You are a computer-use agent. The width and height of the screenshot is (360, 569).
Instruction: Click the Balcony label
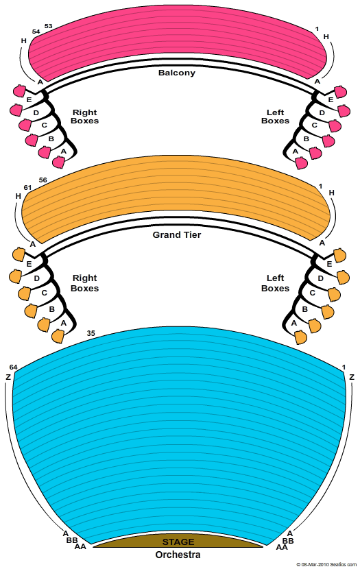[177, 73]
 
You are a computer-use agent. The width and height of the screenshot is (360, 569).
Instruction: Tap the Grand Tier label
[177, 234]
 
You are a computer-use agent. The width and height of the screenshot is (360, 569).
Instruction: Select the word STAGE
[178, 542]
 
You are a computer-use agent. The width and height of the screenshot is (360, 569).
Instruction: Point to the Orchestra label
[178, 555]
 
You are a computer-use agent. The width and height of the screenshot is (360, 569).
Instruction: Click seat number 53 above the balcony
[48, 26]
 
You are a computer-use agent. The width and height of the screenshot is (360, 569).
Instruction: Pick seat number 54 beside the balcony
[36, 32]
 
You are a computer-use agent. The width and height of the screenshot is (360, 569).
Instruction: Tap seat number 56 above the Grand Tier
[43, 180]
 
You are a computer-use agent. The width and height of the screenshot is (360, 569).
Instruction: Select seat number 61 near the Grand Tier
[27, 188]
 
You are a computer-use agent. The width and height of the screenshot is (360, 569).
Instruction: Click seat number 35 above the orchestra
[91, 333]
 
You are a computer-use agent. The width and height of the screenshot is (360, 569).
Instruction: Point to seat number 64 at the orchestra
[14, 367]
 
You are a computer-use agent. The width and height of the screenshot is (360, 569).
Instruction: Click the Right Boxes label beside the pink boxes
[85, 117]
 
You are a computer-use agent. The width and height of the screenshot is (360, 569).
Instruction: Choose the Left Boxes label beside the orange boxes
[276, 283]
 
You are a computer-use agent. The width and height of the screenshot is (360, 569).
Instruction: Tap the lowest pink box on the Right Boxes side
[58, 162]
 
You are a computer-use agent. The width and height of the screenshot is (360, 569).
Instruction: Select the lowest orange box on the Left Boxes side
[301, 337]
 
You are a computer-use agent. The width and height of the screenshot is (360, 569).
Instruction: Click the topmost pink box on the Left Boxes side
[340, 92]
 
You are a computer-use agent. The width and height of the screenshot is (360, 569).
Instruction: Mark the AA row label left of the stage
[80, 546]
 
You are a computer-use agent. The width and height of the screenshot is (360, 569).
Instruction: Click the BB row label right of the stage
[288, 541]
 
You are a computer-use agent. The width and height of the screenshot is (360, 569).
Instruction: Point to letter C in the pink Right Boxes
[45, 125]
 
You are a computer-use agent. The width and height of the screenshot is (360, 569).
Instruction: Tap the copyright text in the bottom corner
[326, 565]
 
